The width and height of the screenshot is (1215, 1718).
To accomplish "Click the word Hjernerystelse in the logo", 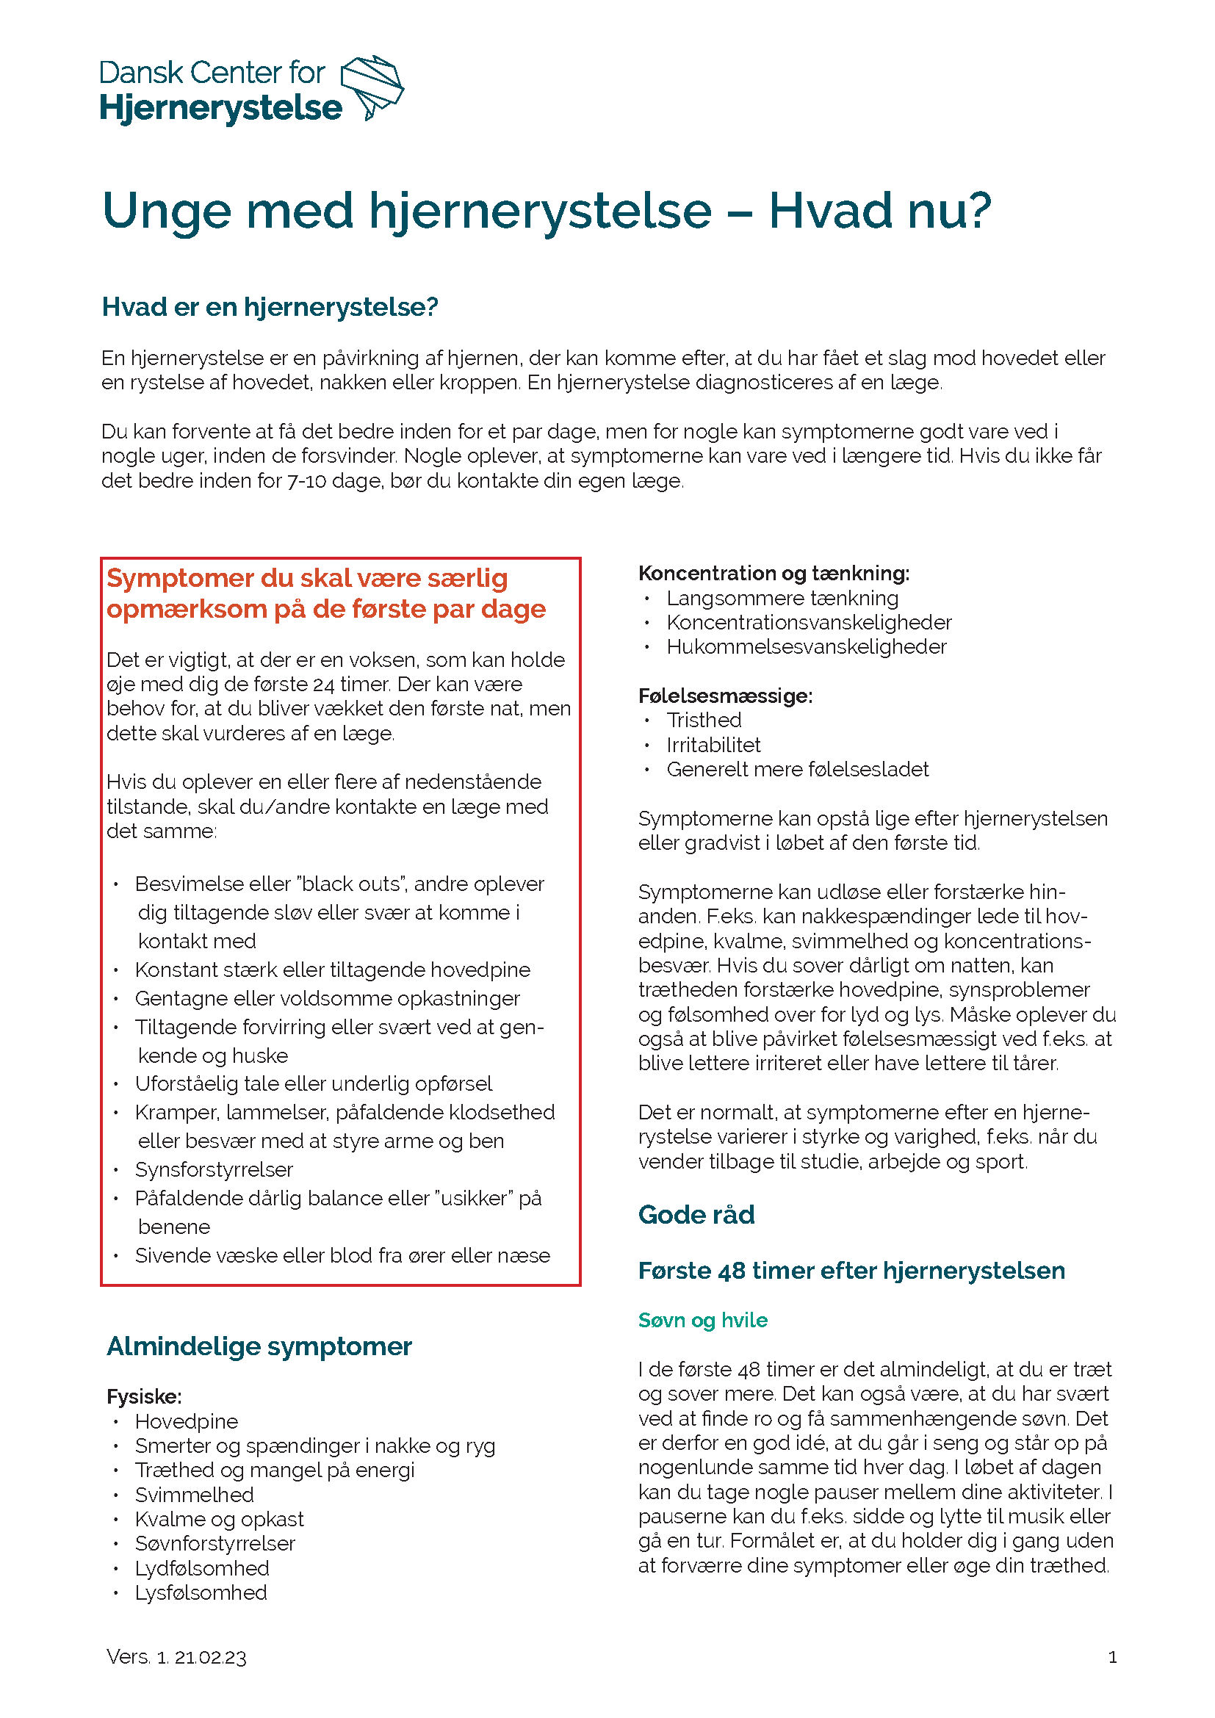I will tap(220, 109).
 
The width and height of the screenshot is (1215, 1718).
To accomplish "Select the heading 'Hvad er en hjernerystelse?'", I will tap(270, 307).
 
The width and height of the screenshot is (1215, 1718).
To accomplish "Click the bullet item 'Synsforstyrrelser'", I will tap(213, 1169).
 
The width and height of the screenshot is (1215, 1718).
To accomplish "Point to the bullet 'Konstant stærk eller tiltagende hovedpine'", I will tap(332, 970).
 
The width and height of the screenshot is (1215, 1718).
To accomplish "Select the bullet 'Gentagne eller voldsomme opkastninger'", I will tap(327, 998).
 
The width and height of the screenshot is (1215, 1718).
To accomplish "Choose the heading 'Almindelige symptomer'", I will tap(259, 1346).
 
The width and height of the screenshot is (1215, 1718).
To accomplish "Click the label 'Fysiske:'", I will tap(145, 1396).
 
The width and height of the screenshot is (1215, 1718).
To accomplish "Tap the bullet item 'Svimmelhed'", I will tap(195, 1494).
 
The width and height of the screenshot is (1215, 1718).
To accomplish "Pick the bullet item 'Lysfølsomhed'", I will tap(201, 1592).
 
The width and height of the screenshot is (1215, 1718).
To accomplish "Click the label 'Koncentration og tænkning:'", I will tap(774, 573).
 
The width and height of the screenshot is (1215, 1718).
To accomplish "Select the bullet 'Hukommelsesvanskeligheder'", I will tap(806, 646).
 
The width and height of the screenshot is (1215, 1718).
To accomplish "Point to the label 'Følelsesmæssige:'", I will tap(725, 696).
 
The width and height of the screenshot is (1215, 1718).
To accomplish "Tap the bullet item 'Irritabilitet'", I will tap(713, 746).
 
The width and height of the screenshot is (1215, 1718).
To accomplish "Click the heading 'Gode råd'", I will tap(696, 1214).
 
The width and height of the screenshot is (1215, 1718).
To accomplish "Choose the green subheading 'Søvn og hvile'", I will tap(702, 1320).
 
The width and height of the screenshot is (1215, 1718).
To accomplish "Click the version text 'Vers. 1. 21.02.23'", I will tap(176, 1656).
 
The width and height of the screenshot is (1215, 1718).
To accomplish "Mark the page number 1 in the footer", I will tap(1112, 1657).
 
